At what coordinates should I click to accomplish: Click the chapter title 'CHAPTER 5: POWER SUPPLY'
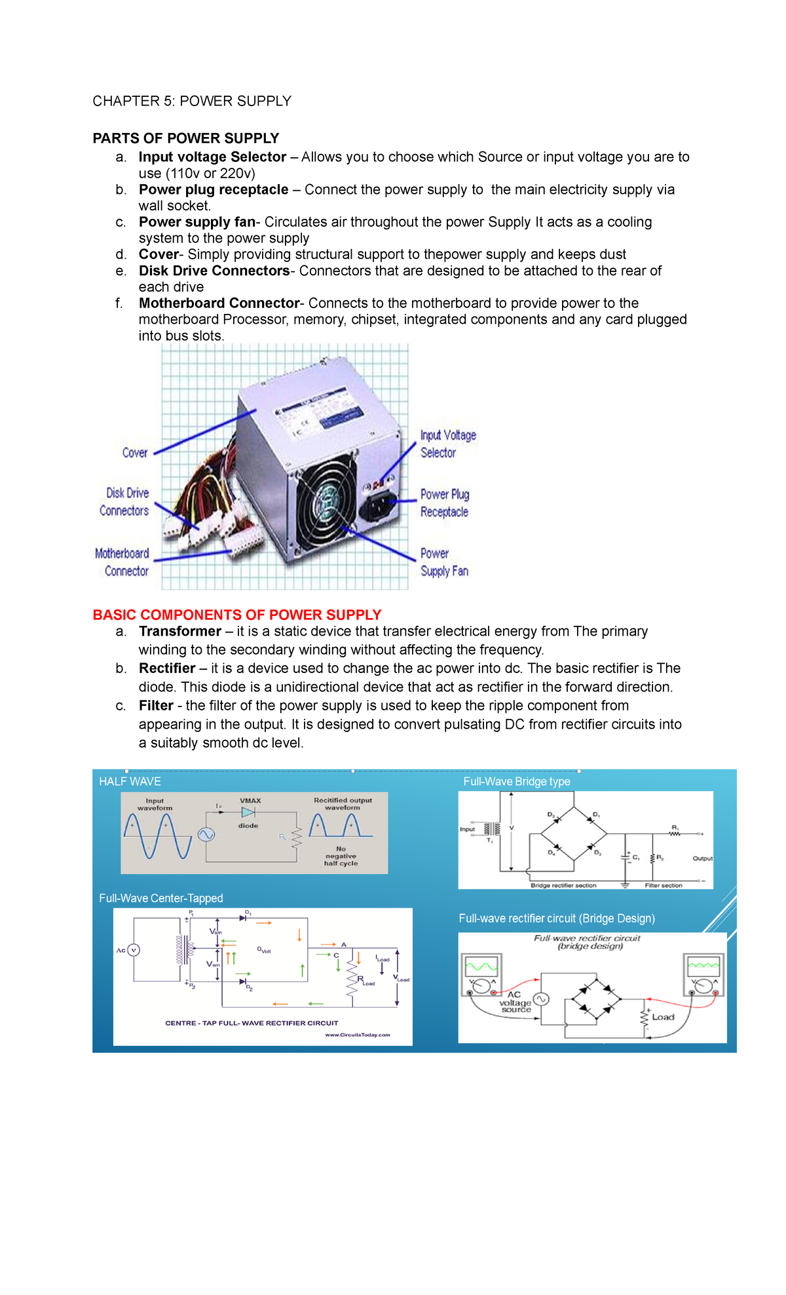(x=191, y=101)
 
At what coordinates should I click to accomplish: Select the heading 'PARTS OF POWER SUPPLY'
(x=185, y=138)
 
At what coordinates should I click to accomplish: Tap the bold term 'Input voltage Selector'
(x=212, y=157)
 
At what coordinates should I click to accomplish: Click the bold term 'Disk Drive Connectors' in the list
(x=214, y=271)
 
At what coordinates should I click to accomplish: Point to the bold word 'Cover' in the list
(x=159, y=254)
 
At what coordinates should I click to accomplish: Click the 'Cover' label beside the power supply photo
(x=135, y=453)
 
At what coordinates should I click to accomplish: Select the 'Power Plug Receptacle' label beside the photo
(x=444, y=503)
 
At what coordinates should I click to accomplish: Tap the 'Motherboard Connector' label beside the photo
(x=122, y=562)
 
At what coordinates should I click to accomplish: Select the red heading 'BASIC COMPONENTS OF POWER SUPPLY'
(x=236, y=615)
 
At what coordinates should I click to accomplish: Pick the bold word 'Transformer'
(x=180, y=631)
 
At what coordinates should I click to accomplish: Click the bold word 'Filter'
(x=156, y=706)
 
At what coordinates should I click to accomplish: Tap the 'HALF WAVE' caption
(x=130, y=782)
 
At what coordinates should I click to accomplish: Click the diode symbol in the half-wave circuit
(x=248, y=812)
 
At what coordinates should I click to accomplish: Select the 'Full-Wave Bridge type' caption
(x=516, y=782)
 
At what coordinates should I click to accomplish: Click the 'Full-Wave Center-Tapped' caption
(x=160, y=899)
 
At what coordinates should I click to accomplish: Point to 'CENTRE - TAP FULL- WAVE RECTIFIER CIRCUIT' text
(x=252, y=1023)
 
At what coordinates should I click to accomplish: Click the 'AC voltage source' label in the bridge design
(x=515, y=1003)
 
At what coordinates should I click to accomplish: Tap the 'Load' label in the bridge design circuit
(x=662, y=1017)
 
